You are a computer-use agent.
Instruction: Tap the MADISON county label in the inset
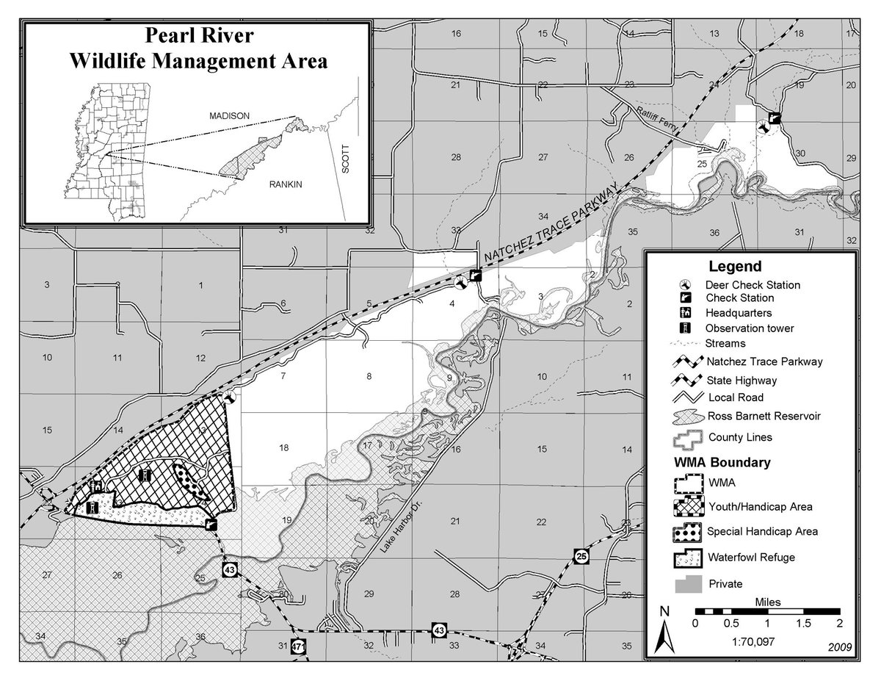click(x=230, y=116)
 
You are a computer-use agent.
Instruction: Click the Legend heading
click(x=735, y=267)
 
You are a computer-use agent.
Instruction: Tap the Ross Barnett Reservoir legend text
click(x=763, y=416)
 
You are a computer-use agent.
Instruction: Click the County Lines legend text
click(x=741, y=438)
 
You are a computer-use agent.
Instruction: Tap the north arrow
click(x=664, y=632)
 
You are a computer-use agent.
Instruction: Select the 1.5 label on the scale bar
click(x=803, y=623)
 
